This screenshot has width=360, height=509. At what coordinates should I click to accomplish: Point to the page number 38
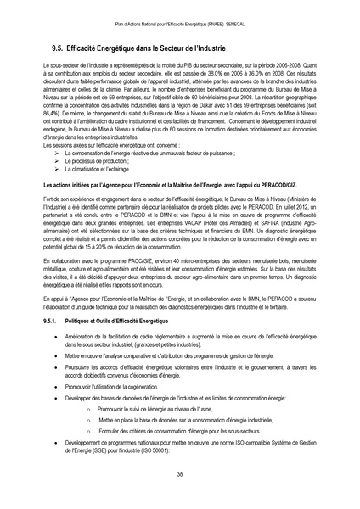[180, 473]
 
